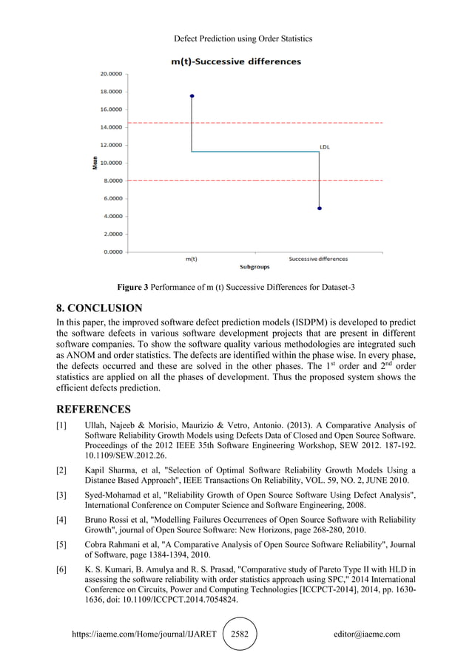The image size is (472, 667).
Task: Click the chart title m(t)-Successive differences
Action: [235, 61]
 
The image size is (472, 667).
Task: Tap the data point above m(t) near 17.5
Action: [192, 95]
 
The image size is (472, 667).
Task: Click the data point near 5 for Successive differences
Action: [319, 209]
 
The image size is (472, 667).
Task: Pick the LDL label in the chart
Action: [325, 146]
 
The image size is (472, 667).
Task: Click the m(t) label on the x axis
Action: [191, 259]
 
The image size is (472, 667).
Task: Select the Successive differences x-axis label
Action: [318, 259]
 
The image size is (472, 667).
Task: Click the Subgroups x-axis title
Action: [254, 266]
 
